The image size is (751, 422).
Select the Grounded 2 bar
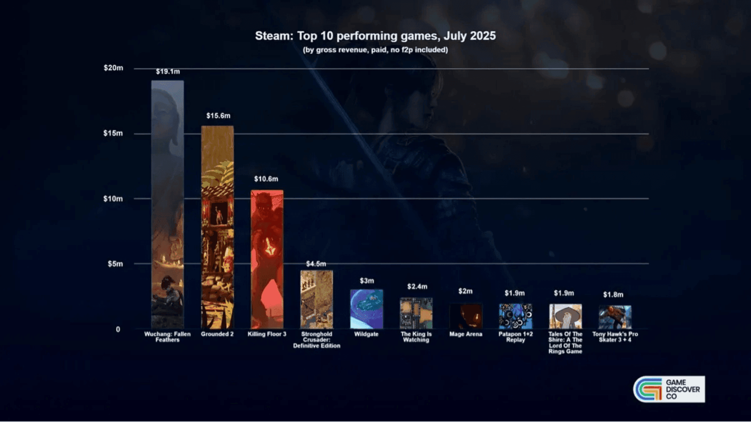217,227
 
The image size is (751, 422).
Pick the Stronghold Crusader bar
316,299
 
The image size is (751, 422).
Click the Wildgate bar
367,309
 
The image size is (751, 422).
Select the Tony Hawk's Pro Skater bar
615,317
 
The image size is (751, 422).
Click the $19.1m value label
168,72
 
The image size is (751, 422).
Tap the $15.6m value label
218,116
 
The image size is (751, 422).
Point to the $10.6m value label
266,179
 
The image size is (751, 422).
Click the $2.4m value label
417,286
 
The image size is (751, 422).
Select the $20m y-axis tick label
113,68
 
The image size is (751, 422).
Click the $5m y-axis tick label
115,264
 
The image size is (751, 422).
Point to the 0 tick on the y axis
118,329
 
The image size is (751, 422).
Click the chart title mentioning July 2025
375,36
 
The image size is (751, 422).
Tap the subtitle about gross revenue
375,50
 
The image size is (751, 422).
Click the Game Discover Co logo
669,389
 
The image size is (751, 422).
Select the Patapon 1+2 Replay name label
516,337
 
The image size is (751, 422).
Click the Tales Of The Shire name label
565,343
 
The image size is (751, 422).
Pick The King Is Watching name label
416,337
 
